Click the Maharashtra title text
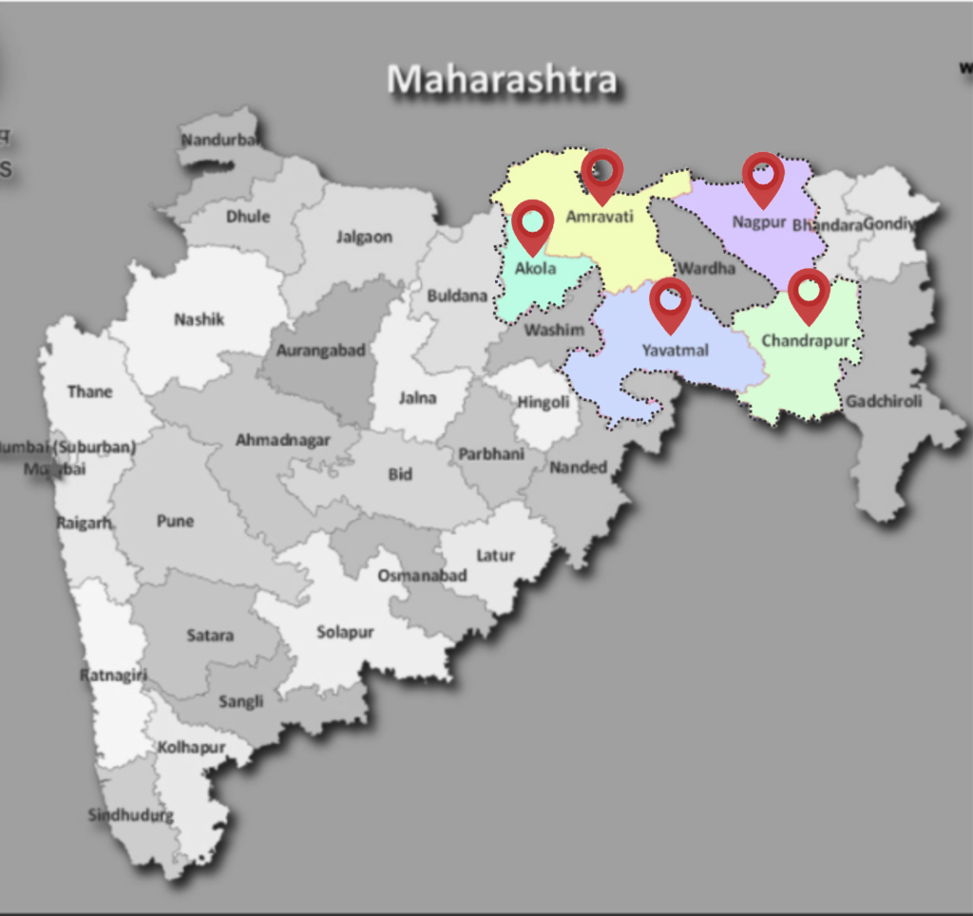click(502, 79)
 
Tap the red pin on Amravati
click(601, 174)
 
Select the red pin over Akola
click(532, 224)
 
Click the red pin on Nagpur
click(763, 177)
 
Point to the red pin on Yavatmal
click(671, 302)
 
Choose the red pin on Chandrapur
click(809, 293)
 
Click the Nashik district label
click(199, 319)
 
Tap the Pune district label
click(175, 521)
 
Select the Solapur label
click(345, 632)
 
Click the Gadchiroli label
click(884, 401)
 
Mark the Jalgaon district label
click(363, 237)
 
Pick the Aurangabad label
click(320, 351)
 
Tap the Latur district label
click(495, 555)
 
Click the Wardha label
click(706, 268)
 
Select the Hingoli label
click(544, 402)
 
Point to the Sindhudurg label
click(131, 815)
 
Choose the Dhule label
click(248, 216)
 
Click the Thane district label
click(89, 391)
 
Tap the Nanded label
click(578, 467)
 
